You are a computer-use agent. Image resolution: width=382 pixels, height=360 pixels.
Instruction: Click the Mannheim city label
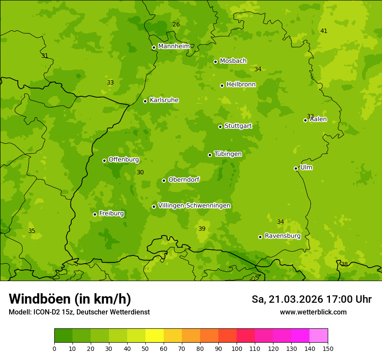174,46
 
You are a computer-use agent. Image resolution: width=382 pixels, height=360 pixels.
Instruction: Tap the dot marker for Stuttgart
221,127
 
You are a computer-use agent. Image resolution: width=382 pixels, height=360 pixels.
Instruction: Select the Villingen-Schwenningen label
194,206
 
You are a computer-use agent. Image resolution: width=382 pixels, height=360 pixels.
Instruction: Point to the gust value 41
324,31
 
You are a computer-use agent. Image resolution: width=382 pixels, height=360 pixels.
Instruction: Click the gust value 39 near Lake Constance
202,229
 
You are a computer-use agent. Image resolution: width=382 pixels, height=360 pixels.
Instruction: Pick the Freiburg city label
111,213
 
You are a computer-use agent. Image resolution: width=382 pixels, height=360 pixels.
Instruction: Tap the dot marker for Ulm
296,168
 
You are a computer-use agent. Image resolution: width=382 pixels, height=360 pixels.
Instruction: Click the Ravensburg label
283,236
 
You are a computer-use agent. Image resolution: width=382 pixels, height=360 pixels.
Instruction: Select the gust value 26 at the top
176,24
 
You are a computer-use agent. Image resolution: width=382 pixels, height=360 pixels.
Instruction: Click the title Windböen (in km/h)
70,299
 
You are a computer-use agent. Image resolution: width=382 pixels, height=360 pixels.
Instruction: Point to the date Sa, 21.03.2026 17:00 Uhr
312,299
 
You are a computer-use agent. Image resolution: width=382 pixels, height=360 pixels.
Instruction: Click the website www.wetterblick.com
313,312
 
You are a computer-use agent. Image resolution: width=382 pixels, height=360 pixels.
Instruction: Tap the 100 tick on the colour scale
237,348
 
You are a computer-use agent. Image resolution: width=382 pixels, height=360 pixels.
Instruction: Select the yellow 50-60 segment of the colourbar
155,336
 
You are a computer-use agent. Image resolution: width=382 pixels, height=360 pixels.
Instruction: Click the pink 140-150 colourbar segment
319,336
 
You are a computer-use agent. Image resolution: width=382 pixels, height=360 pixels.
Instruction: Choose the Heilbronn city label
241,85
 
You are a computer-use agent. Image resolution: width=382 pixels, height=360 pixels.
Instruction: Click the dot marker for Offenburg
104,160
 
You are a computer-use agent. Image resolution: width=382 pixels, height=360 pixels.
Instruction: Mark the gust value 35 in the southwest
32,231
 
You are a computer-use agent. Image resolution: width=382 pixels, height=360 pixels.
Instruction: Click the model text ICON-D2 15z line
79,312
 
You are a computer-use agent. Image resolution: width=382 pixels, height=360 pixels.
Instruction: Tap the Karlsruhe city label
164,100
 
